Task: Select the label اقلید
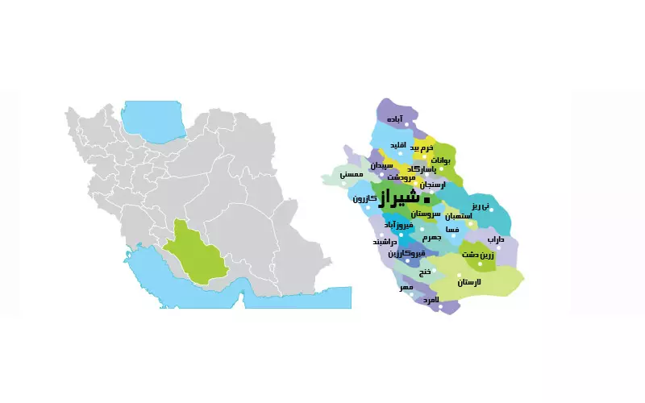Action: pyautogui.click(x=397, y=145)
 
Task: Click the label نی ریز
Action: pyautogui.click(x=481, y=206)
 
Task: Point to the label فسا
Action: pyautogui.click(x=452, y=230)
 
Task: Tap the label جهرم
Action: pyautogui.click(x=431, y=238)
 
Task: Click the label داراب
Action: pyautogui.click(x=495, y=239)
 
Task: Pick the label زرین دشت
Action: pyautogui.click(x=478, y=255)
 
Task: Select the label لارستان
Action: pyautogui.click(x=468, y=282)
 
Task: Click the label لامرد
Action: pyautogui.click(x=431, y=299)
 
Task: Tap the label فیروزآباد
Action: pyautogui.click(x=399, y=225)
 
